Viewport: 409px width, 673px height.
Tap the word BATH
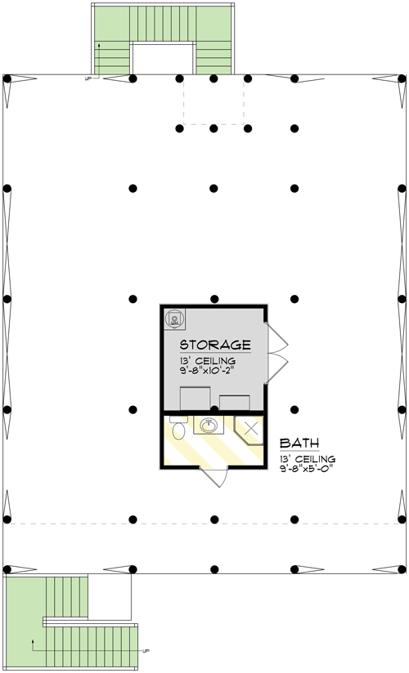[x=298, y=443]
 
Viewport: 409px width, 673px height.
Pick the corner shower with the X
[x=249, y=429]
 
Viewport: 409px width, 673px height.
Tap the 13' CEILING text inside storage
[x=207, y=360]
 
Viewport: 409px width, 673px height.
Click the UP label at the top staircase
[x=88, y=79]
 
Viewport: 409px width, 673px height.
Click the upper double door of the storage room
[x=276, y=337]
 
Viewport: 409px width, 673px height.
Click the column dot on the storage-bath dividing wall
[x=213, y=408]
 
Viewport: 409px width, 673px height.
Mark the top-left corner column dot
[x=7, y=78]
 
